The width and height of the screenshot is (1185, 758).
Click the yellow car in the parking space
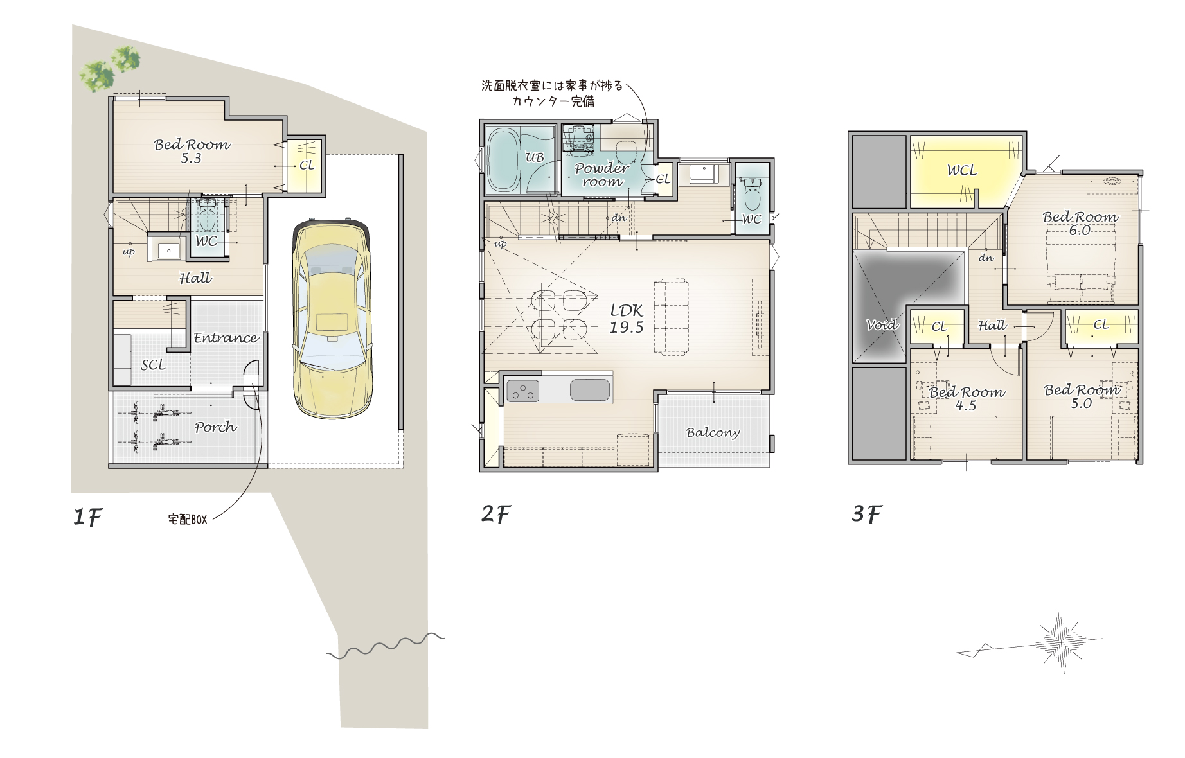click(x=332, y=319)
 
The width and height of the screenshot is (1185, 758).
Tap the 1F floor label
click(x=87, y=516)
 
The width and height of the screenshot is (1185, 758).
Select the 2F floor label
click(x=495, y=514)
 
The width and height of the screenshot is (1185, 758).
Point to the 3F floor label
click(x=867, y=514)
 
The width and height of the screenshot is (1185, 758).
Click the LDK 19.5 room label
click(x=627, y=319)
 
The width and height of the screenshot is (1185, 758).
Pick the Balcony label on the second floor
click(x=713, y=432)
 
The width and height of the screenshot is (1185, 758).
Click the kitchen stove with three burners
click(x=522, y=391)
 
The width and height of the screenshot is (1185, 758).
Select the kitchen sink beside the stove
click(x=589, y=391)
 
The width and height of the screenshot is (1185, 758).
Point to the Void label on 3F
click(x=882, y=324)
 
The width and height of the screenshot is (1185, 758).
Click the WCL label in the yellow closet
click(x=962, y=170)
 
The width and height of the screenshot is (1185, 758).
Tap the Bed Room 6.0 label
click(x=1080, y=223)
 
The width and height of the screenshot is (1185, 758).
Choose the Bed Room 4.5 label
click(x=967, y=398)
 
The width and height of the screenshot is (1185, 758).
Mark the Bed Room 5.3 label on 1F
click(x=192, y=151)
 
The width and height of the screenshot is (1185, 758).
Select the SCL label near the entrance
click(x=153, y=365)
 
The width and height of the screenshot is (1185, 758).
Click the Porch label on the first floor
click(x=215, y=427)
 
